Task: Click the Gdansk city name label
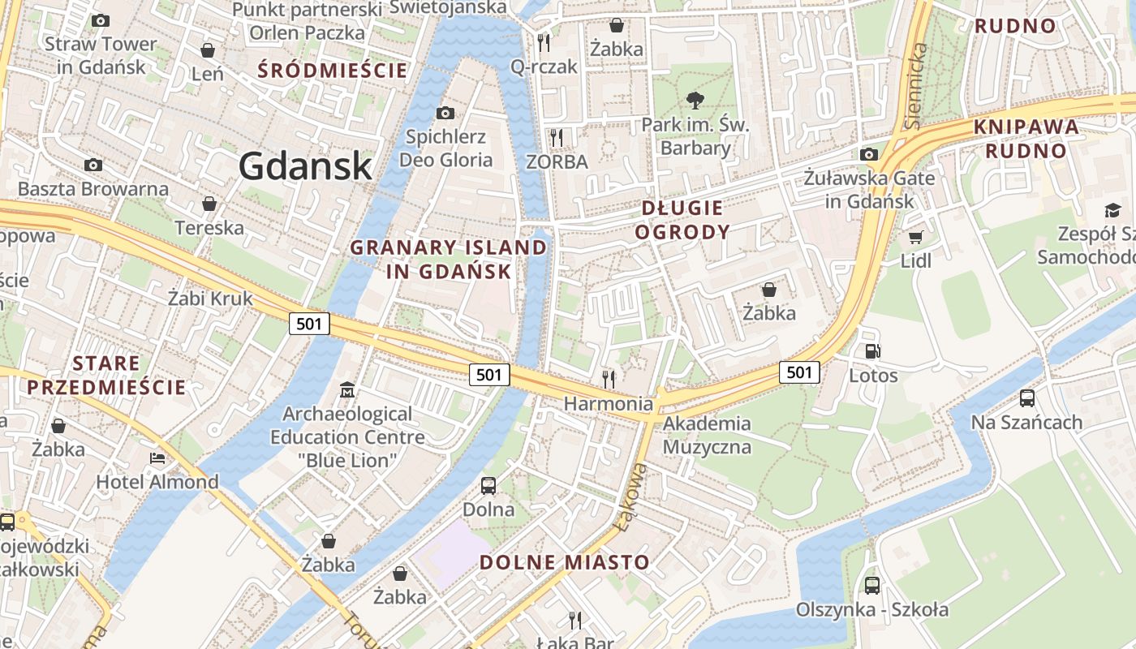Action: pos(305,166)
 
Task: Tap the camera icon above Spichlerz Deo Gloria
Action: pos(445,113)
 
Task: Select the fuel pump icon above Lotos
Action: pos(873,351)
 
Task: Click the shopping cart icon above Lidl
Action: pos(915,237)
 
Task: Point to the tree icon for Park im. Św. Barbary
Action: pos(695,101)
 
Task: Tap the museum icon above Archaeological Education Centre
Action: pos(347,389)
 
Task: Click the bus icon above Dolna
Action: pos(488,486)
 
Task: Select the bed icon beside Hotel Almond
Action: pos(157,458)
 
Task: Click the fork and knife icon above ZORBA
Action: pos(556,137)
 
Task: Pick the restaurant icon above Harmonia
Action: pos(608,378)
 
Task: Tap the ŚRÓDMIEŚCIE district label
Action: pos(333,70)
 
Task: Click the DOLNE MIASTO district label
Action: pos(564,562)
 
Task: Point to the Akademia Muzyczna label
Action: pos(707,435)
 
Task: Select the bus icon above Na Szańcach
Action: pos(1026,398)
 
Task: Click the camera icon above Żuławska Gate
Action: pos(869,154)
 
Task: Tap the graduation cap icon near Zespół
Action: pos(1112,211)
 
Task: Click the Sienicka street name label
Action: pos(916,85)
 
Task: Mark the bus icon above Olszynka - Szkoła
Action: pos(872,585)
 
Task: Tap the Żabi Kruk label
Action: pos(210,298)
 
